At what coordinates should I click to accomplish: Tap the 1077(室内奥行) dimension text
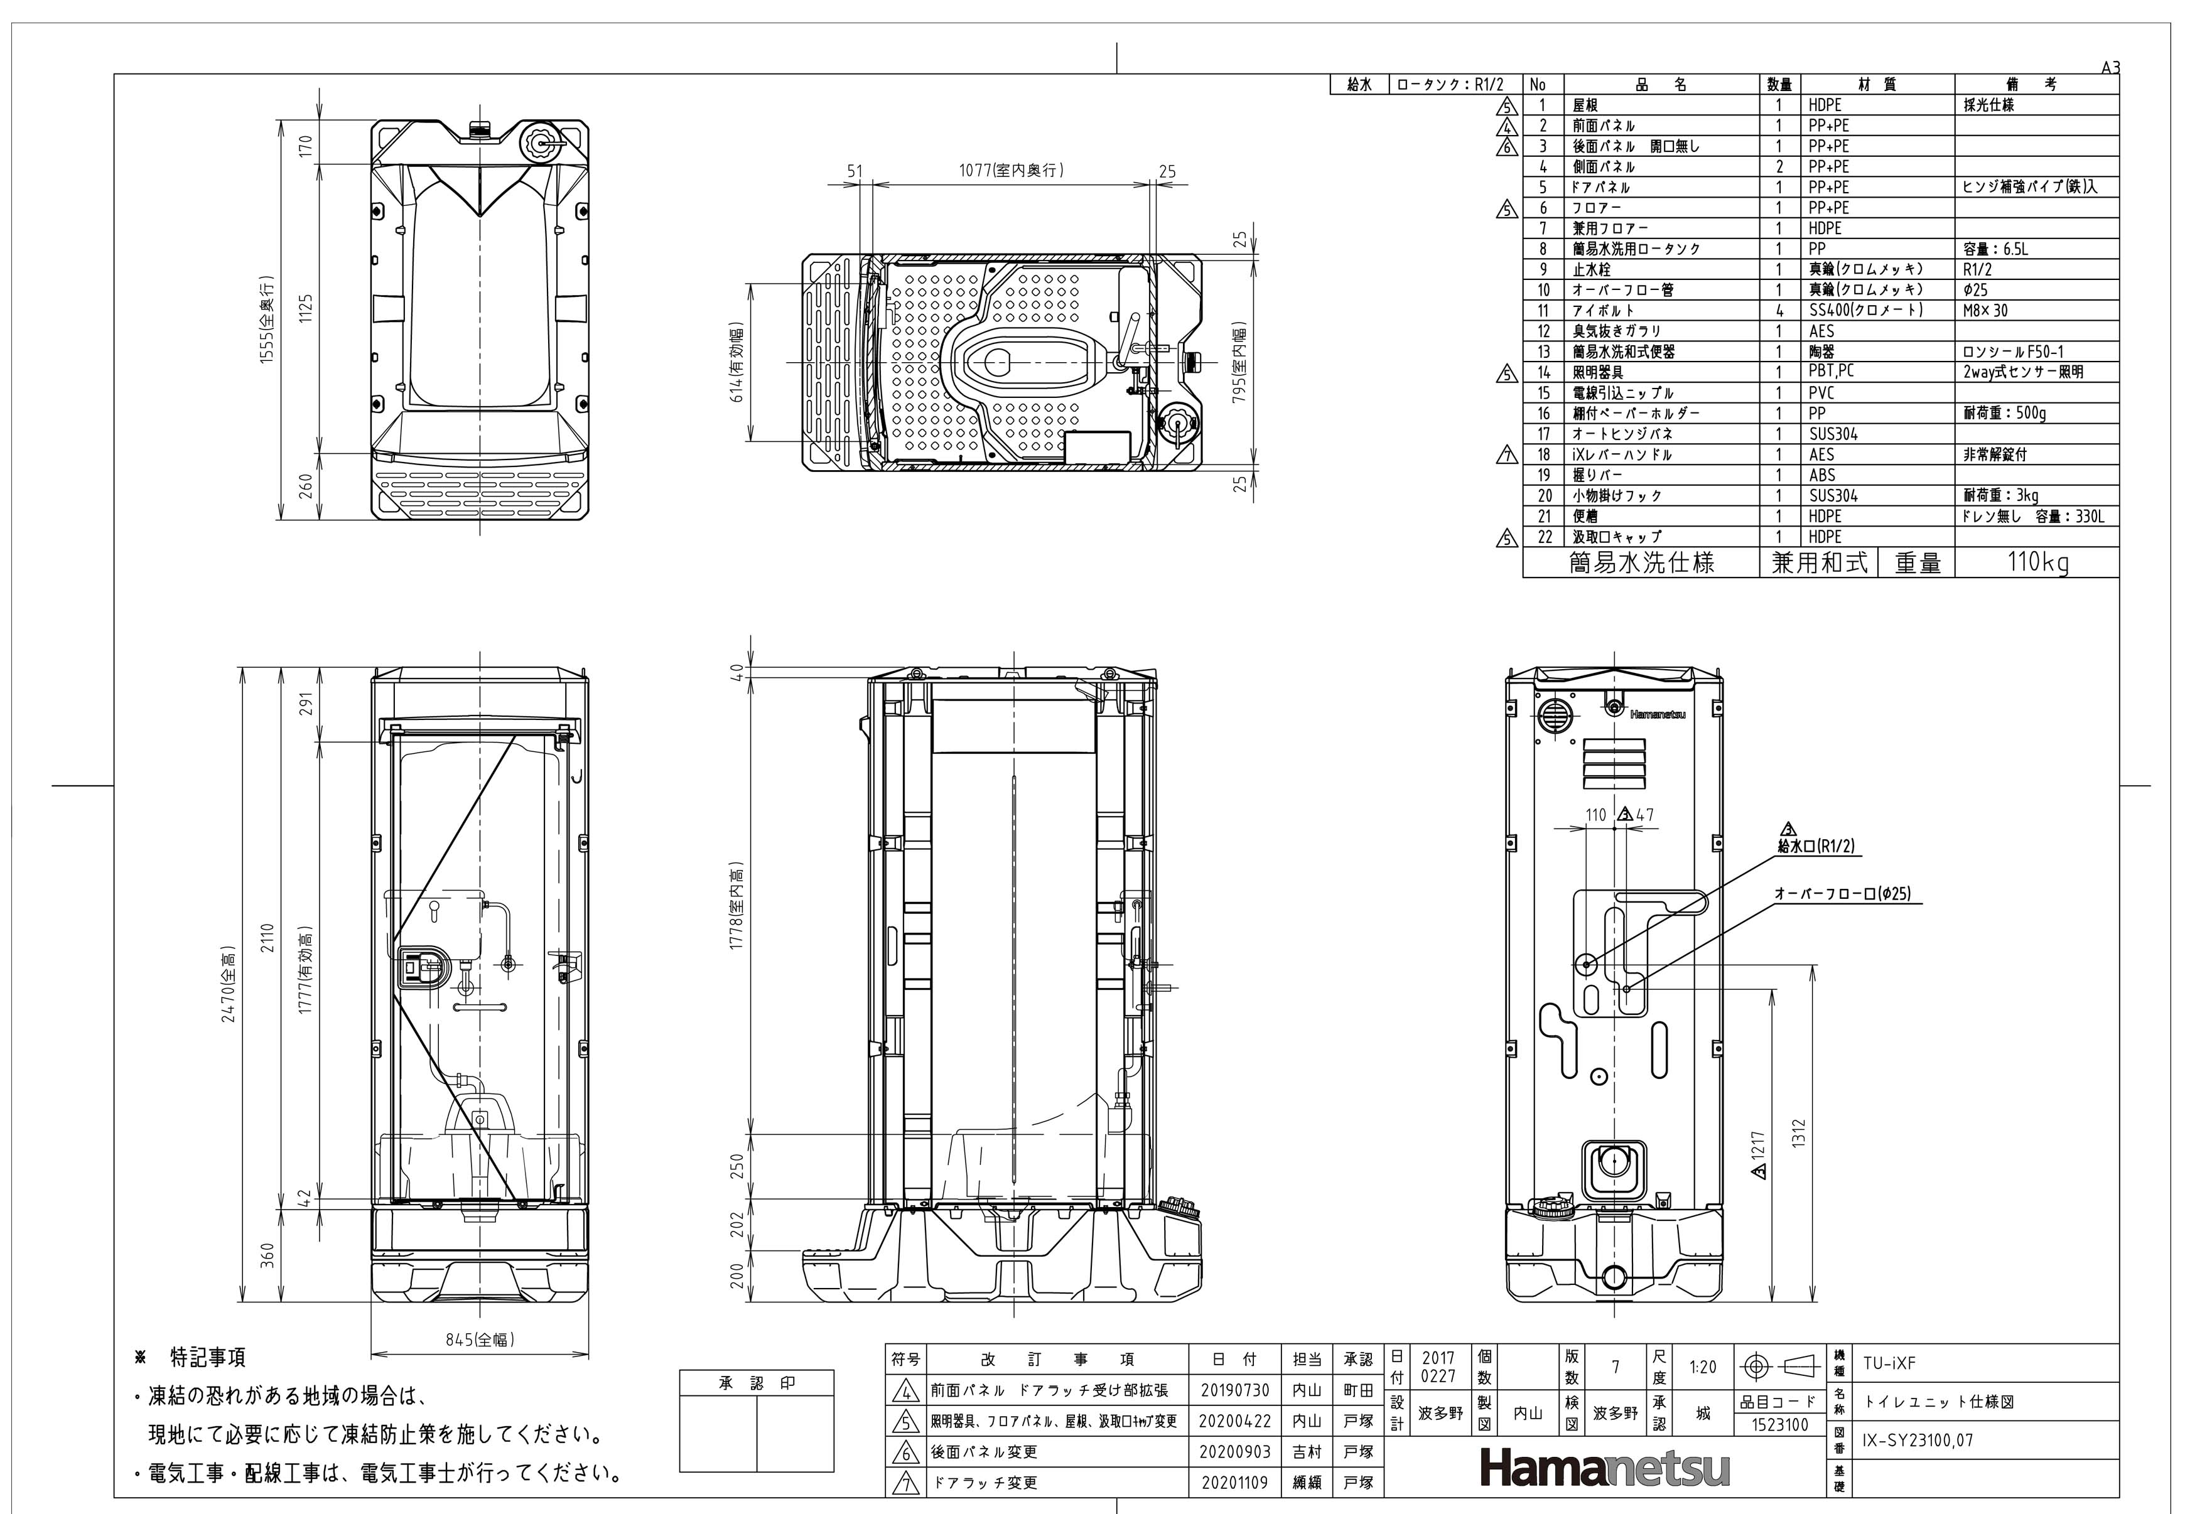[1012, 171]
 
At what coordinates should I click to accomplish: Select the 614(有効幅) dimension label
[737, 363]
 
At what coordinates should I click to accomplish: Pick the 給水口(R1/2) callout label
[1816, 846]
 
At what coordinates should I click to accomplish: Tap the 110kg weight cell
[2037, 562]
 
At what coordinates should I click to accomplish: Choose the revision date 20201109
[1234, 1482]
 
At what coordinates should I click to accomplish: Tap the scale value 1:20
[1702, 1367]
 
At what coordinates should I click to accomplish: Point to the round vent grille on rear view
[1553, 716]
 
